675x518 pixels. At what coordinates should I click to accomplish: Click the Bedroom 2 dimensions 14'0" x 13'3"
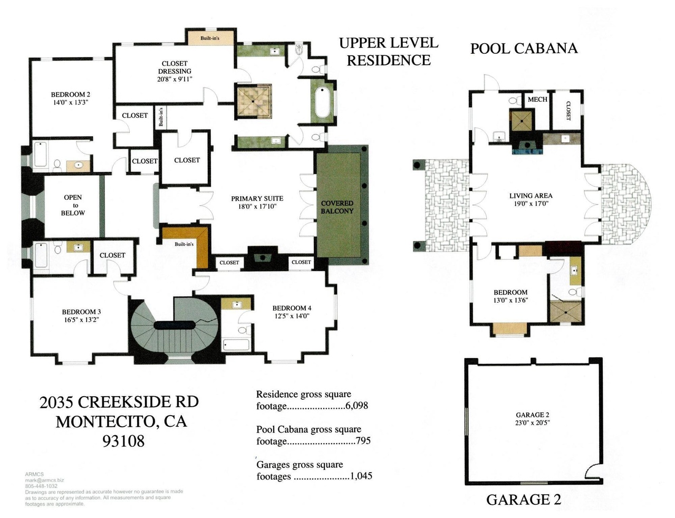click(71, 102)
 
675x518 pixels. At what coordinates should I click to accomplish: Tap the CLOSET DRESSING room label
click(175, 68)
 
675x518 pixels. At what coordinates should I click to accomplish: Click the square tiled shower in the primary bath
click(254, 101)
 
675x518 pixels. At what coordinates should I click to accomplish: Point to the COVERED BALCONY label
click(337, 207)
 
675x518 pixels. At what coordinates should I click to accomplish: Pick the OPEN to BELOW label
click(73, 205)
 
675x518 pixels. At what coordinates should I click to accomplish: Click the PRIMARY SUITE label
click(257, 198)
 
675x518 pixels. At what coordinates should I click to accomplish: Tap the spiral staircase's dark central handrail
click(174, 325)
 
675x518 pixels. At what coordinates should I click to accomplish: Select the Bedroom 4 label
click(292, 308)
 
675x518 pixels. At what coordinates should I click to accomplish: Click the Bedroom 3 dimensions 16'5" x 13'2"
click(81, 320)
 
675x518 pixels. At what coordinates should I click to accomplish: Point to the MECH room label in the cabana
click(537, 100)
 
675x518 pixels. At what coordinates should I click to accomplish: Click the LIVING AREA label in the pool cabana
click(531, 196)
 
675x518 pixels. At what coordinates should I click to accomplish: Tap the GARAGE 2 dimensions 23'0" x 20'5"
click(533, 423)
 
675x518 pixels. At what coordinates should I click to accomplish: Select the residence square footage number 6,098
click(356, 406)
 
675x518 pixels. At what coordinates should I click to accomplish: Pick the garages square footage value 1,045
click(361, 476)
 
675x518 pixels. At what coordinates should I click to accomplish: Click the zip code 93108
click(123, 441)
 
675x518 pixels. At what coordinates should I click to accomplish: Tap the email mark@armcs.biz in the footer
click(44, 480)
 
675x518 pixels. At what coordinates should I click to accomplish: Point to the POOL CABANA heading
click(524, 49)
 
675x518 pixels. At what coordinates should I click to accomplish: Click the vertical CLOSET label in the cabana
click(568, 111)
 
